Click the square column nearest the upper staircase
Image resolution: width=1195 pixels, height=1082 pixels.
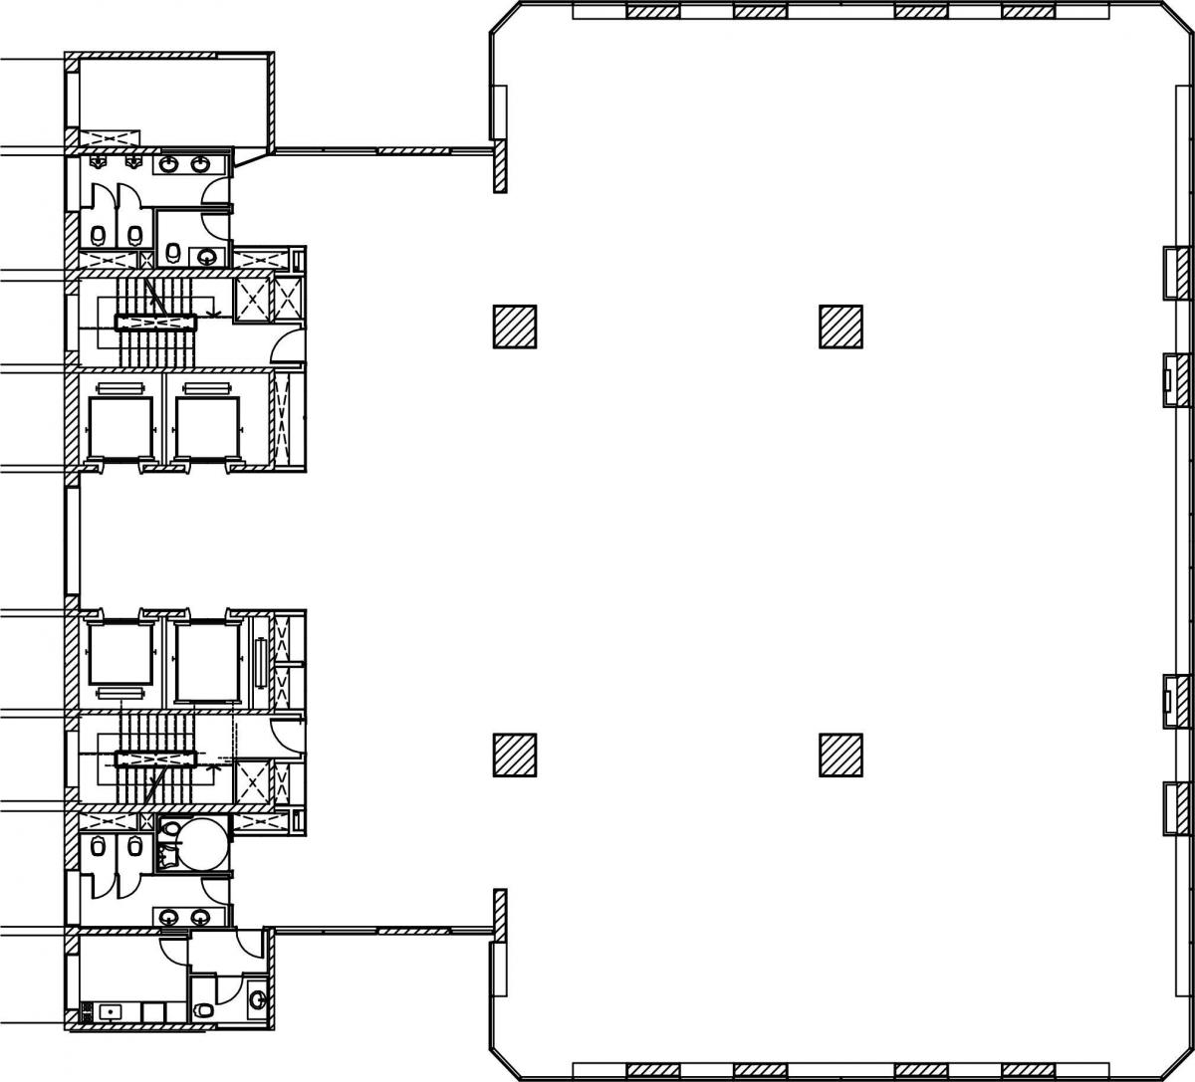pos(515,326)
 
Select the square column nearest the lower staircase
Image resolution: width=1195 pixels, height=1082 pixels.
pos(515,755)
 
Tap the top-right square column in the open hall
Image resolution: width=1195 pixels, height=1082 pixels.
pos(840,326)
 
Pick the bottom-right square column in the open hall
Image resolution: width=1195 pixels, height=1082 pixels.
pos(840,755)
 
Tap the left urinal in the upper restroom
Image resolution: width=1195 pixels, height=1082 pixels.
pos(98,160)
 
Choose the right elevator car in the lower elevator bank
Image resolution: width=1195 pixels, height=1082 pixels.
pos(207,658)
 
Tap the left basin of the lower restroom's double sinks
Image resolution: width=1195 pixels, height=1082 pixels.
pos(169,916)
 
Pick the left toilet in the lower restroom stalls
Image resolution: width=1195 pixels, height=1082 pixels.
pos(98,848)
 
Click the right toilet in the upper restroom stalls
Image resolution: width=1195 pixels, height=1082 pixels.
pos(133,236)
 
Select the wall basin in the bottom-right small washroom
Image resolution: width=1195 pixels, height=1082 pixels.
pos(257,998)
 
